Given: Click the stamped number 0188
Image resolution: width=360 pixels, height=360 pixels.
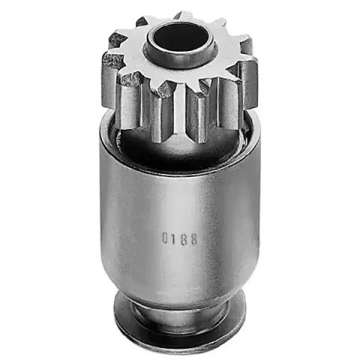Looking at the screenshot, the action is point(179,238).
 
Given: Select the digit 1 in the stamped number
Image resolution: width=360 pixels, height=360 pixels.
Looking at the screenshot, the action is point(173,238).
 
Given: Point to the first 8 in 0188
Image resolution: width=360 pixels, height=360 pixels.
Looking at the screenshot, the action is point(183,238).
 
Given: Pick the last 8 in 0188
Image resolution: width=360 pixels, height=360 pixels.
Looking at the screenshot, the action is point(193,239).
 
